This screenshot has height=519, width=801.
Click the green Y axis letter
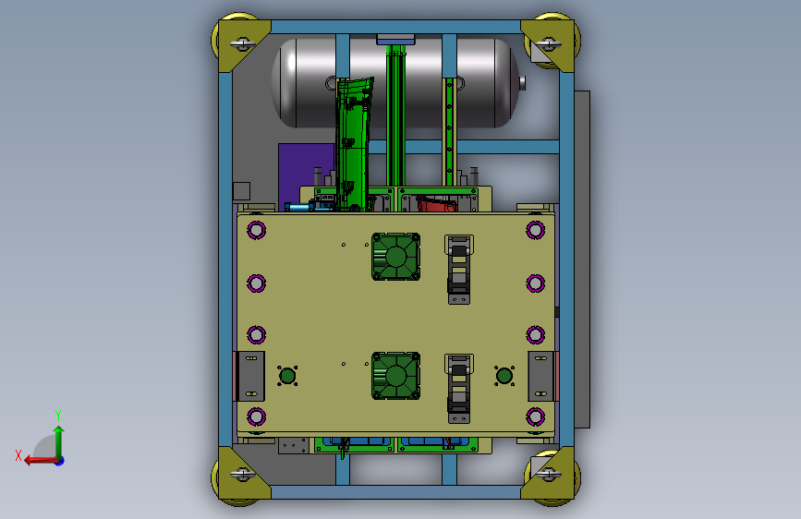[x=58, y=416]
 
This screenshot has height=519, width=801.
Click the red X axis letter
[x=18, y=455]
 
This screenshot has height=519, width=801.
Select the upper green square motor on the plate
[x=396, y=257]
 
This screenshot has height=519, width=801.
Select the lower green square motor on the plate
[x=396, y=376]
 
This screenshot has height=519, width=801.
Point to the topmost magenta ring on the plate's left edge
[x=257, y=230]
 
